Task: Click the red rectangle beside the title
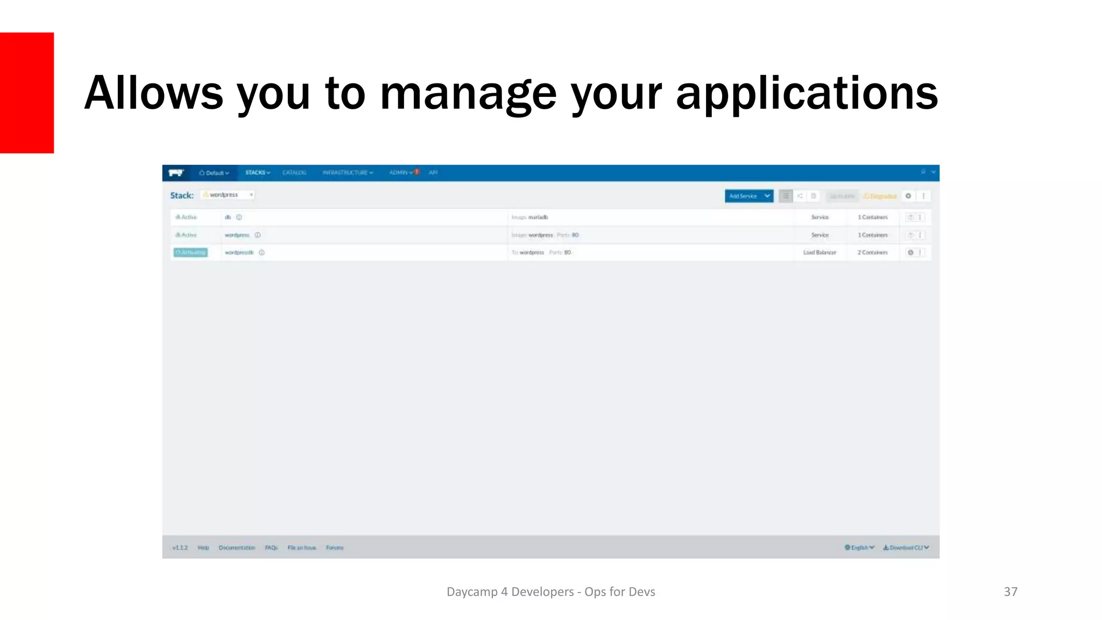click(27, 93)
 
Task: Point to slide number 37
click(1011, 591)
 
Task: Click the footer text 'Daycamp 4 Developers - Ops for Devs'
click(550, 591)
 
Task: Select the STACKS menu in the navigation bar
click(257, 173)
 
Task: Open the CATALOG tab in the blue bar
click(294, 173)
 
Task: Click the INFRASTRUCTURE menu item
click(348, 173)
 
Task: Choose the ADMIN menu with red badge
click(403, 173)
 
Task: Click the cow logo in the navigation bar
click(176, 173)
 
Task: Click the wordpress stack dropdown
click(228, 195)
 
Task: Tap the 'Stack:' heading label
click(182, 195)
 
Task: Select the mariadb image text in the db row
click(538, 217)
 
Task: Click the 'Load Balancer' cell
click(820, 252)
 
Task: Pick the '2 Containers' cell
click(872, 252)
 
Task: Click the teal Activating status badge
click(190, 252)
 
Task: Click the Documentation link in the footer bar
click(237, 548)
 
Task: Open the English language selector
click(859, 548)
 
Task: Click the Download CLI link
click(906, 548)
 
